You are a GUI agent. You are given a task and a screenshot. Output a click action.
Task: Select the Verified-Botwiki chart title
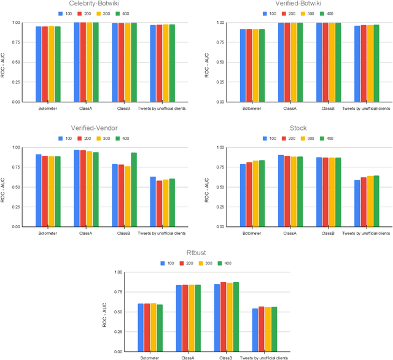coord(290,4)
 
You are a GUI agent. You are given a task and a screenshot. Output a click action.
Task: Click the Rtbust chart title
coord(196,253)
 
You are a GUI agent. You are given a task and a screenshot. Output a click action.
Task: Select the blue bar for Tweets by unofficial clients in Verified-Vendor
coord(153,201)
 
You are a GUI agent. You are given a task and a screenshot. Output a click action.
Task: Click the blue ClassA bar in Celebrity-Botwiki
coord(77,62)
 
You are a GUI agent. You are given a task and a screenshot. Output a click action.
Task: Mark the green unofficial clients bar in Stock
coord(376,201)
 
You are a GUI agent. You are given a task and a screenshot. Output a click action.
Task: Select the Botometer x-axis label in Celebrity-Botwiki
coord(47,109)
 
